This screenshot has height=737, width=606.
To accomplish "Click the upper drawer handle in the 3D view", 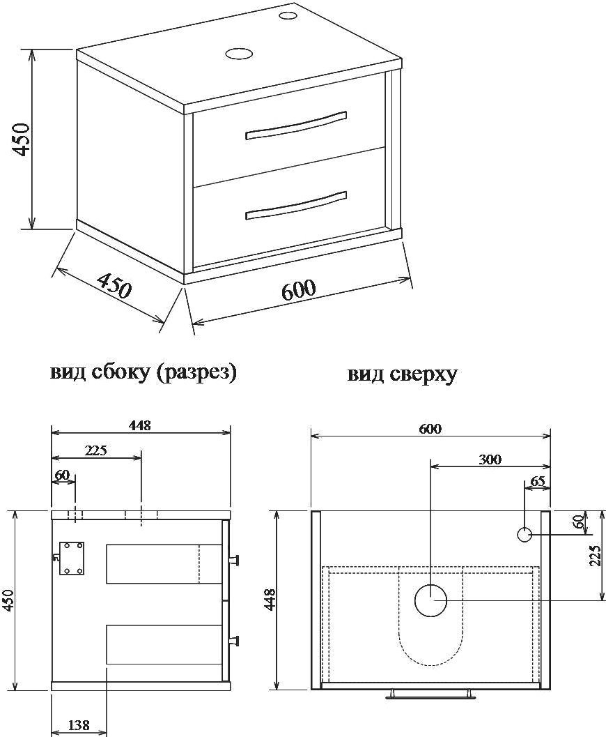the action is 296,126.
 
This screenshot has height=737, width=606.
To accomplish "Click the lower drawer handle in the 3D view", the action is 296,206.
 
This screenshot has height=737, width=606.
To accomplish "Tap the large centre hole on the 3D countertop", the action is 238,54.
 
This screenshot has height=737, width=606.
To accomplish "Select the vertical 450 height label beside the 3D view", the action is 22,139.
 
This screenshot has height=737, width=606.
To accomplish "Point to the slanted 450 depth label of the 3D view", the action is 113,286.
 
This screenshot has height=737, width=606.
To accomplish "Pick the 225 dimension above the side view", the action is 96,450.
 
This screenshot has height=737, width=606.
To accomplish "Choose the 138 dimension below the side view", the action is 79,725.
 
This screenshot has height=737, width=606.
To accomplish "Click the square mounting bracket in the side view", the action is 72,558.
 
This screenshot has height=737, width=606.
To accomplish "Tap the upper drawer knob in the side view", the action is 233,560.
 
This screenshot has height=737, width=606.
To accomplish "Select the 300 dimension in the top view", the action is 490,459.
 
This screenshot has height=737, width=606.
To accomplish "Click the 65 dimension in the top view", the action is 538,481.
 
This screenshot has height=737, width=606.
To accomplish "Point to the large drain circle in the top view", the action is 430,600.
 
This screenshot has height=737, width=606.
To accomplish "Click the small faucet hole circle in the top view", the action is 525,534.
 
